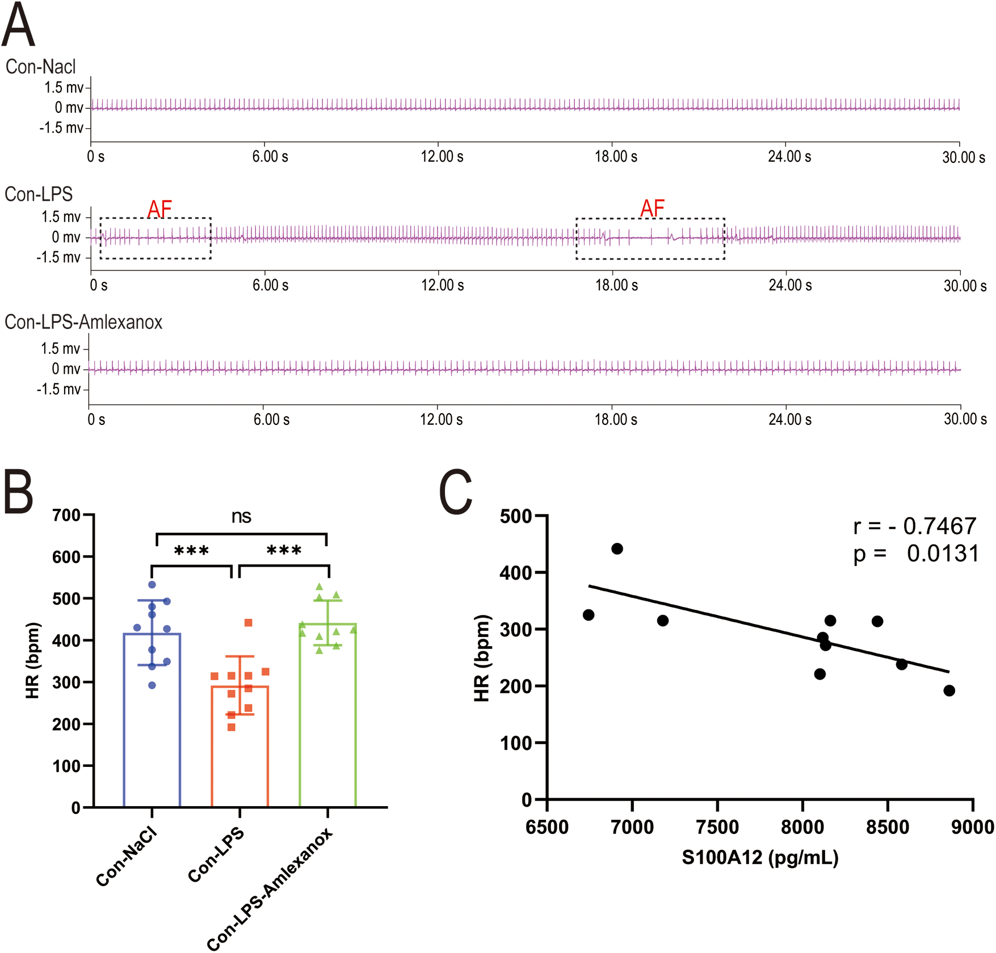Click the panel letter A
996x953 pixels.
click(19, 26)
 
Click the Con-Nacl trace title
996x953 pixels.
click(40, 67)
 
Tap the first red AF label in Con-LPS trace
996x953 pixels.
click(159, 209)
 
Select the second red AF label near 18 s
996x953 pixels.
click(652, 209)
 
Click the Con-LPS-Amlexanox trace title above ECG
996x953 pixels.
click(83, 322)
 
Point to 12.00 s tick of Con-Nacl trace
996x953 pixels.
click(442, 157)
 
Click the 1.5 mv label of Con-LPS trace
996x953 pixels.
click(61, 217)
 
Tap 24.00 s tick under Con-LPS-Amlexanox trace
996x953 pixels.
click(789, 420)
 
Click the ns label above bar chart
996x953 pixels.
click(241, 516)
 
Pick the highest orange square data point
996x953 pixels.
click(248, 623)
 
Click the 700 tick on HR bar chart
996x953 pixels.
click(66, 516)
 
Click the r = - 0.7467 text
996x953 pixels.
click(914, 526)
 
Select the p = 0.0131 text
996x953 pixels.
click(915, 554)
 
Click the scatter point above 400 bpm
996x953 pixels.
click(617, 549)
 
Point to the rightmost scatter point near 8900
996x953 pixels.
click(949, 690)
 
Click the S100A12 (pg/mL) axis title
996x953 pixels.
click(760, 857)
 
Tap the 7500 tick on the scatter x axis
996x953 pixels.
click(717, 827)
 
